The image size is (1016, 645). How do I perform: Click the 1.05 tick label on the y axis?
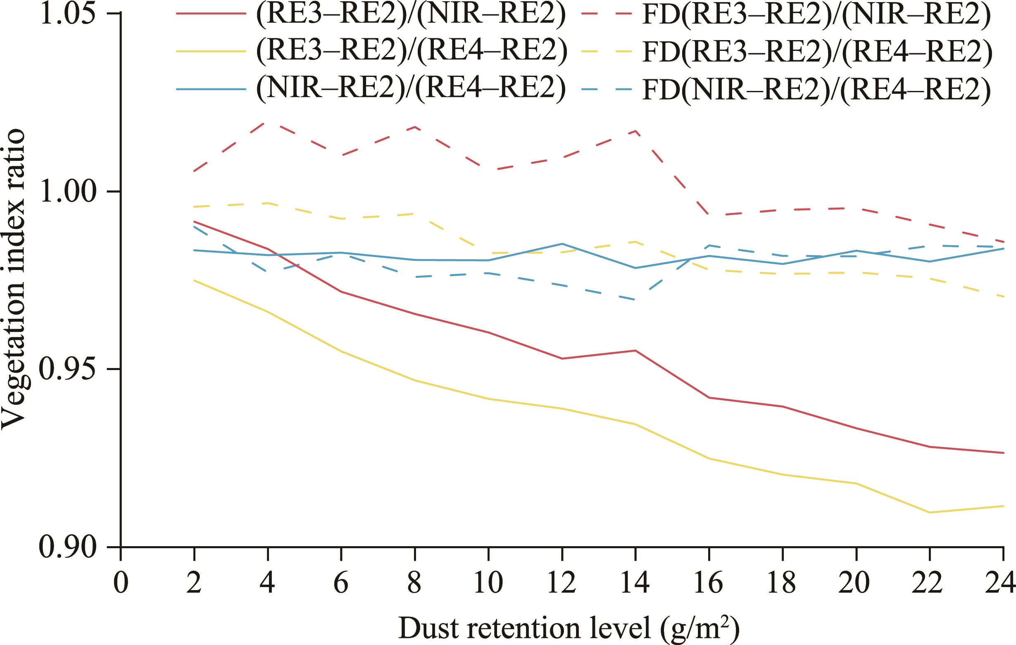67,14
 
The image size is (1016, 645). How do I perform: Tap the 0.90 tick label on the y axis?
67,547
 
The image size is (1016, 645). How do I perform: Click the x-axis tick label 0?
121,583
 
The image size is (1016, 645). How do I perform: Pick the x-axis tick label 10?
488,583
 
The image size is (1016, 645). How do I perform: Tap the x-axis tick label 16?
709,583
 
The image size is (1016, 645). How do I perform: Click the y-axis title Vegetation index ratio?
14,279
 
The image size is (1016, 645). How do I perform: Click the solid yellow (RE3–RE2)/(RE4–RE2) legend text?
412,52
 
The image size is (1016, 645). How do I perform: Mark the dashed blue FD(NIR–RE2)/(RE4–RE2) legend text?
816,88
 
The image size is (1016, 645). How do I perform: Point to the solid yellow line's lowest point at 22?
930,512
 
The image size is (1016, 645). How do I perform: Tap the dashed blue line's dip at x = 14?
635,300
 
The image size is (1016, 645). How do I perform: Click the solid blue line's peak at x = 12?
562,244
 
